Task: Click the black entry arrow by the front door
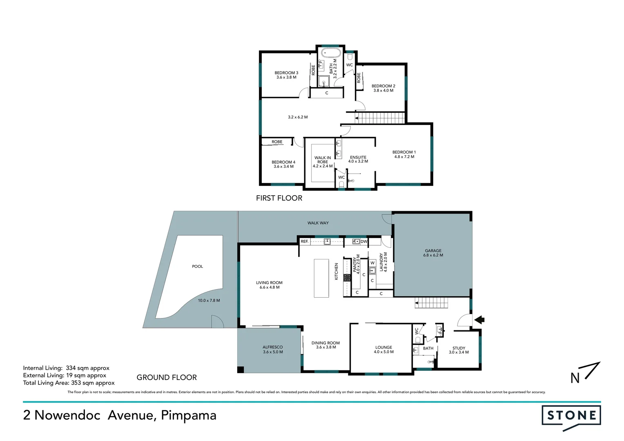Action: (x=479, y=320)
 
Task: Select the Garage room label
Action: (x=433, y=253)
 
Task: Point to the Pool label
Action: (x=197, y=267)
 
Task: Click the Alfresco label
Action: (x=272, y=350)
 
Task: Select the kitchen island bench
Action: (x=321, y=278)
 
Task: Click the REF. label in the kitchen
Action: (x=305, y=242)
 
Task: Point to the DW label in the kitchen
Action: (x=363, y=242)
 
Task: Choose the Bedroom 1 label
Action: (x=404, y=154)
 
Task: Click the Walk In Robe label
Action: (x=323, y=162)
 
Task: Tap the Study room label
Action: (x=459, y=350)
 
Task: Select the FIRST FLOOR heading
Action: (x=279, y=198)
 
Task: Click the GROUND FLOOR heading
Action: (x=167, y=377)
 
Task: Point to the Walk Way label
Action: (x=318, y=223)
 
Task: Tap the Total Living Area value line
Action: (x=69, y=383)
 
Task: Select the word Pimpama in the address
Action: (x=188, y=415)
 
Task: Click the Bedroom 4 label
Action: (x=283, y=164)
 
